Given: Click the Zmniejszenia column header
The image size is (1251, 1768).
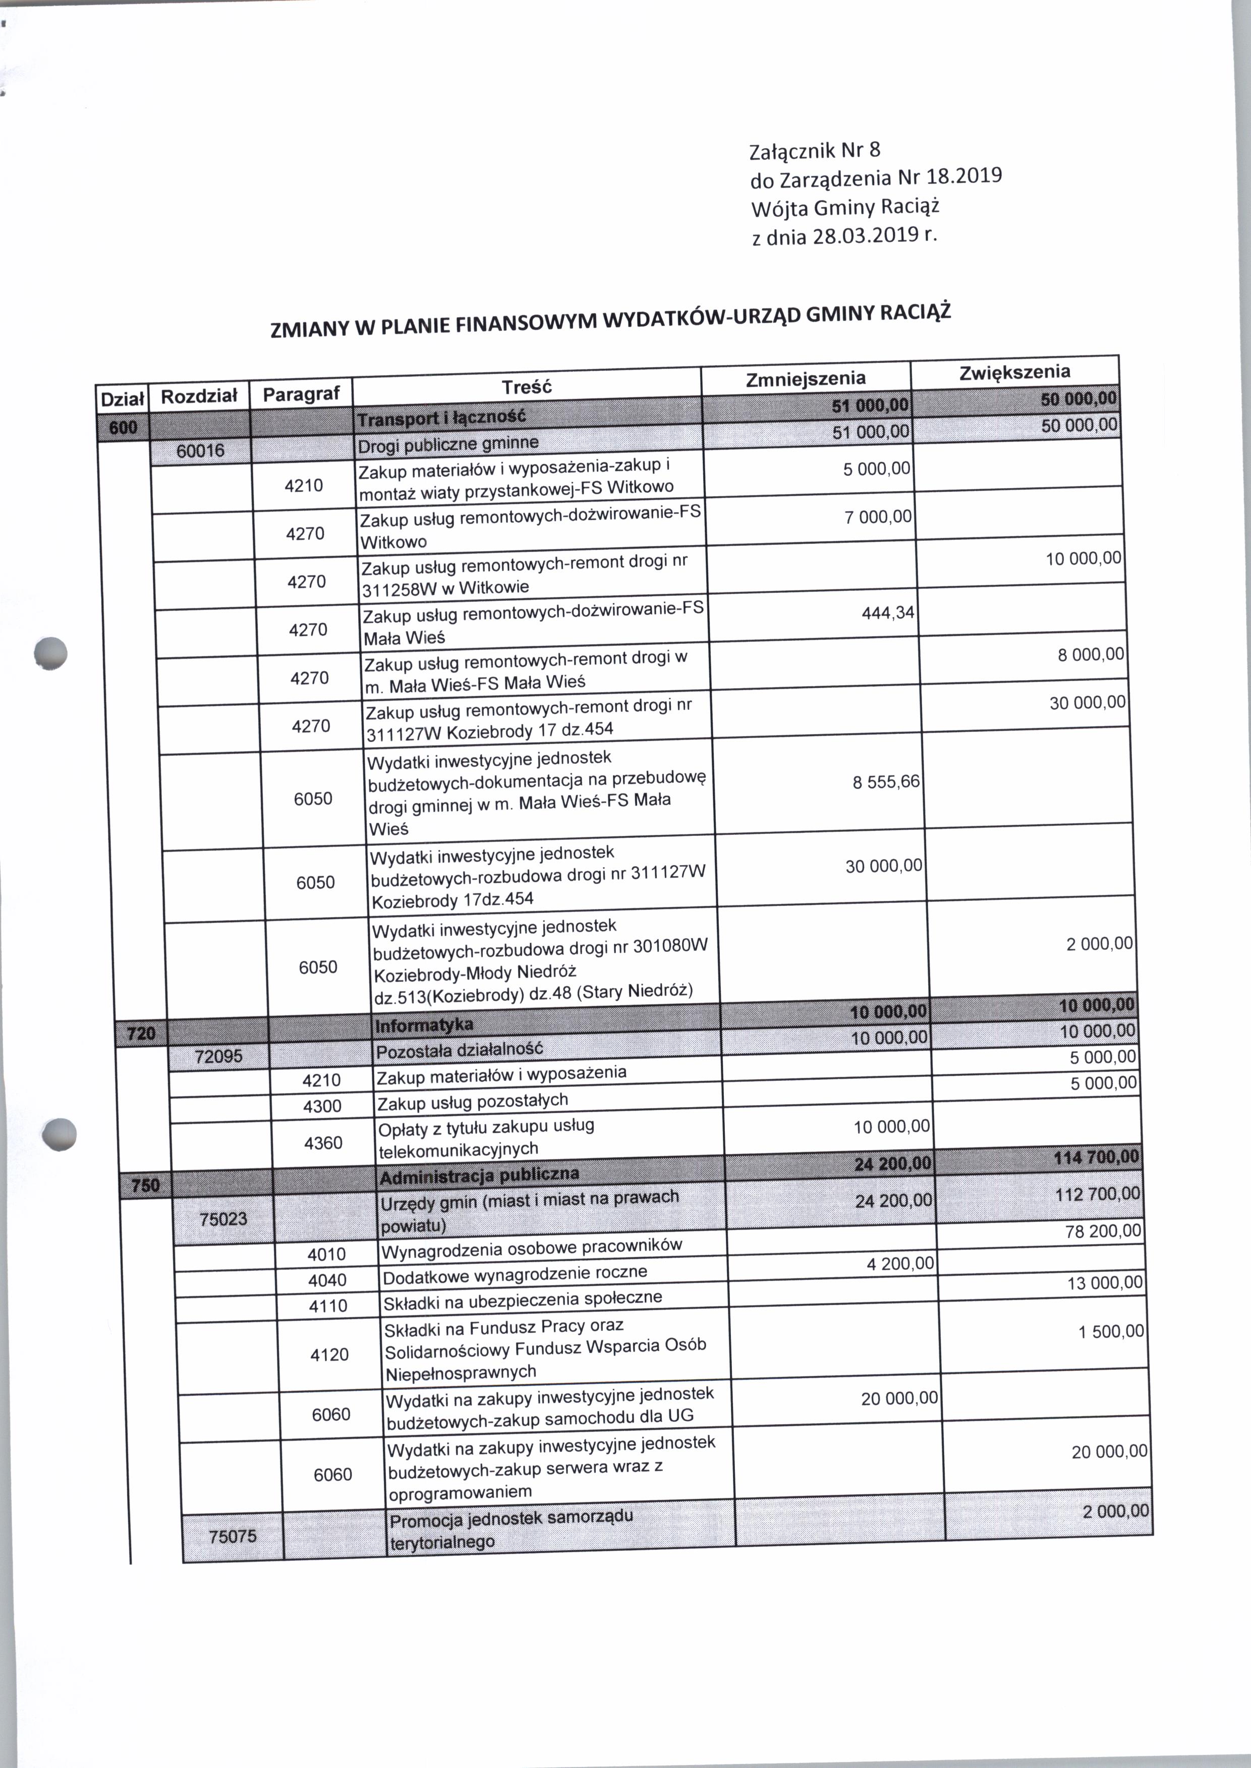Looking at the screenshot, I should click(x=805, y=378).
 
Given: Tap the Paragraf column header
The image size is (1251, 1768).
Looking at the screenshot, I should click(x=301, y=394).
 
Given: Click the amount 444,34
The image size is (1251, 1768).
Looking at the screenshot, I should click(x=887, y=612).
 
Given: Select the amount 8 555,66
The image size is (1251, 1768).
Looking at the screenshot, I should click(x=885, y=781).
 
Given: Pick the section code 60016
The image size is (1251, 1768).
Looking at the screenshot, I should click(x=200, y=451).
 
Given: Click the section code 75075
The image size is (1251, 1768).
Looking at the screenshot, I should click(x=232, y=1536).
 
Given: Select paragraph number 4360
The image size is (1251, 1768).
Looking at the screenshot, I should click(x=323, y=1143).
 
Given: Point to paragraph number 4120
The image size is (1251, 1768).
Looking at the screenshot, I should click(x=329, y=1355).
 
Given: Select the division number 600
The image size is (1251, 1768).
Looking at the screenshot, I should click(x=123, y=428).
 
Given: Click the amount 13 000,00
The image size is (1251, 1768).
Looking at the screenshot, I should click(x=1105, y=1283).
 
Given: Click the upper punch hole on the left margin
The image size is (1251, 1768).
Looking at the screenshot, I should click(x=51, y=653).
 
